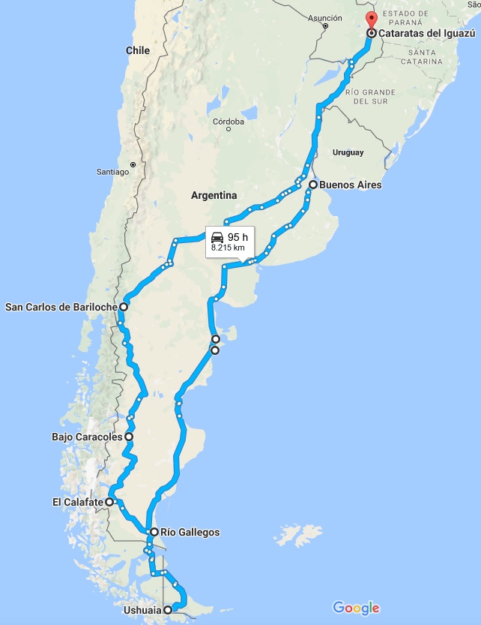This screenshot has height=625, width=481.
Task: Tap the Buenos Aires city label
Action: [350, 185]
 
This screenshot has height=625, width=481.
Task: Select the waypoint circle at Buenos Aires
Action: [312, 184]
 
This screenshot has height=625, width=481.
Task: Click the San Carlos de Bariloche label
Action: [61, 306]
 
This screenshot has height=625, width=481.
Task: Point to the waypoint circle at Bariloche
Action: [123, 306]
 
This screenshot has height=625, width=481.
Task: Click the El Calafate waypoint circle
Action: [109, 502]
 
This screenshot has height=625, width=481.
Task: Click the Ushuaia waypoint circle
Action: [168, 610]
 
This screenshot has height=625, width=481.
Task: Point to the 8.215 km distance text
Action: [228, 247]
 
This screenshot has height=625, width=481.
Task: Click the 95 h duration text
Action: [238, 237]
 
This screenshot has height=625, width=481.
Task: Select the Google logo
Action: [356, 608]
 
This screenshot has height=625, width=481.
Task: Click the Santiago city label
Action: [113, 172]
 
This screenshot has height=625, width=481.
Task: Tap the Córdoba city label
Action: [229, 122]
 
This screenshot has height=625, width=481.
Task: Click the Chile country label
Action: [138, 50]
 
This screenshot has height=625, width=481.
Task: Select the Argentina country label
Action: [214, 195]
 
